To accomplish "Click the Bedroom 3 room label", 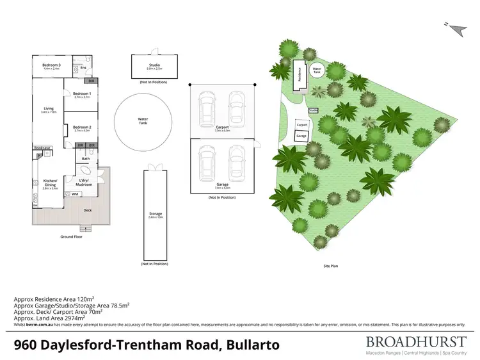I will pyautogui.click(x=52, y=65).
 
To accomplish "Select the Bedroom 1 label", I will pyautogui.click(x=82, y=94).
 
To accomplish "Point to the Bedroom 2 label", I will pyautogui.click(x=82, y=127).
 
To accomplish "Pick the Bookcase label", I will pyautogui.click(x=43, y=148).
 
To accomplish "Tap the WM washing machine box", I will pyautogui.click(x=75, y=193).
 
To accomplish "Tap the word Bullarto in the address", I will pyautogui.click(x=253, y=345).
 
